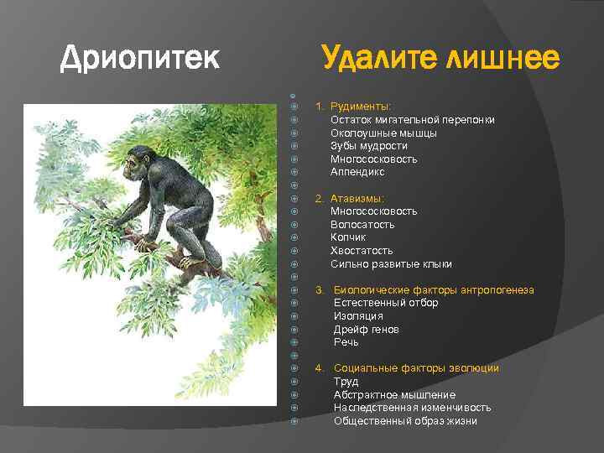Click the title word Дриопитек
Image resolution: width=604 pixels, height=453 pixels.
tap(140, 58)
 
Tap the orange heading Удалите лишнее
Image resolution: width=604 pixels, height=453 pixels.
tap(440, 58)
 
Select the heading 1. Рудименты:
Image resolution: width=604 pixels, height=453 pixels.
tap(353, 107)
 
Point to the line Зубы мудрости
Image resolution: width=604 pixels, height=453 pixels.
tap(368, 146)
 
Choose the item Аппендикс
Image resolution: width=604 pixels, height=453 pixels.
tap(357, 172)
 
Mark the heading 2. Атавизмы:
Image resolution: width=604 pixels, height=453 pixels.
tap(350, 198)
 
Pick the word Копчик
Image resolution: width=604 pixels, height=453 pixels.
tap(348, 237)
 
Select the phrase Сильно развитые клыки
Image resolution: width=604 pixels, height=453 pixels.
tap(391, 264)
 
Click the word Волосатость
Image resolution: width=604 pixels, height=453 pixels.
tap(362, 225)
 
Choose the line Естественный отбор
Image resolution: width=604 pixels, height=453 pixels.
tap(386, 303)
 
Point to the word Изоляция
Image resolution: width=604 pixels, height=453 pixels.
tap(358, 316)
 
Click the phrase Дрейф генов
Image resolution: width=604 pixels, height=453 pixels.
tap(367, 330)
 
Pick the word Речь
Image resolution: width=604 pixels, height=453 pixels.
tap(346, 342)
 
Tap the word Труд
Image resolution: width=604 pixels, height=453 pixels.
tap(346, 382)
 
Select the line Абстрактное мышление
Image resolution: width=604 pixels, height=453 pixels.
tap(394, 395)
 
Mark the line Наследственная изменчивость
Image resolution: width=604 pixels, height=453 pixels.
tap(412, 408)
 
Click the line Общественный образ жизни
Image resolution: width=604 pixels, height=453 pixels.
tap(405, 421)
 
